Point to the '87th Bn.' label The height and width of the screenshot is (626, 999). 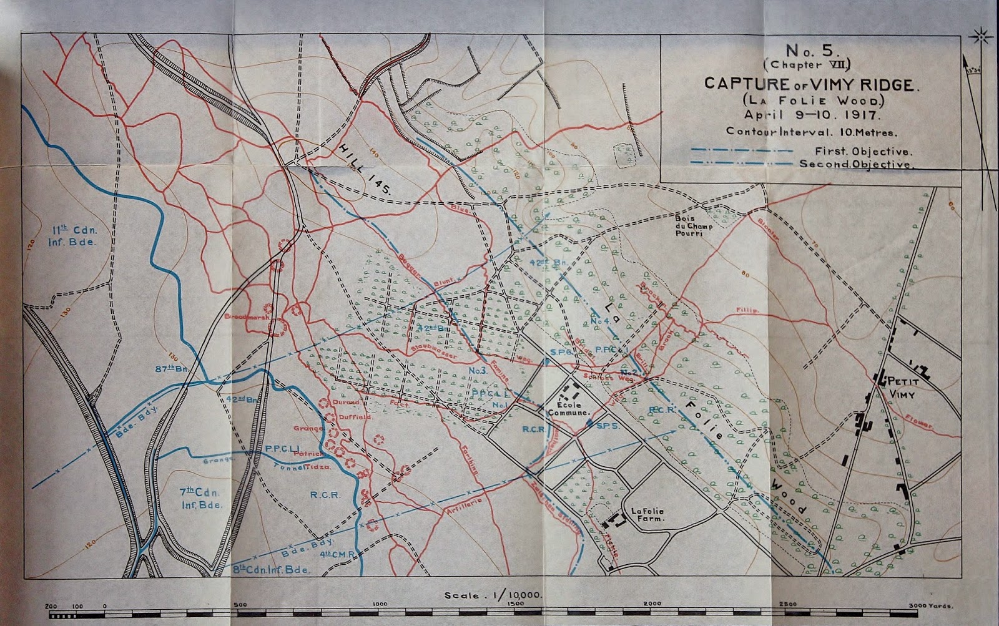coord(169,369)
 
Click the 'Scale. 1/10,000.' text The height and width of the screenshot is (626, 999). coord(493,595)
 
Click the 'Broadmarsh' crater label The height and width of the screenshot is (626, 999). coord(246,317)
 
